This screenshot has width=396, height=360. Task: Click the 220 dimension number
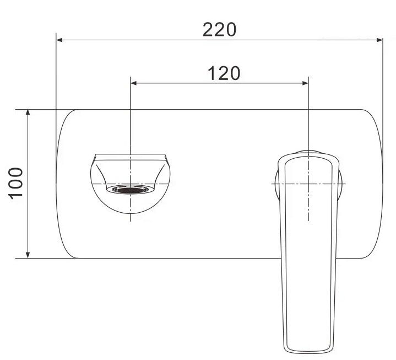click(x=219, y=30)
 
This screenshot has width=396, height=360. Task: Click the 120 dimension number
click(x=224, y=73)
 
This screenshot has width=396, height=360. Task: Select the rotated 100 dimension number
click(x=16, y=184)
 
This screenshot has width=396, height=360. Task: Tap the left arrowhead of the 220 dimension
click(x=59, y=40)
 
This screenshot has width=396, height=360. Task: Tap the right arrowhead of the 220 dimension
click(x=379, y=40)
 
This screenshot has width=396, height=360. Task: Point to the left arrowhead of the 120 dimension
click(x=134, y=83)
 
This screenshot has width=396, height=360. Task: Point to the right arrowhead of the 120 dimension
click(x=305, y=83)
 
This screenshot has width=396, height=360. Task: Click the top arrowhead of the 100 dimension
click(x=28, y=113)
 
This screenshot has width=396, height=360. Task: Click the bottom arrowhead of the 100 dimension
click(x=28, y=255)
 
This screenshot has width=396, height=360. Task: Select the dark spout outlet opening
click(x=130, y=190)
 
